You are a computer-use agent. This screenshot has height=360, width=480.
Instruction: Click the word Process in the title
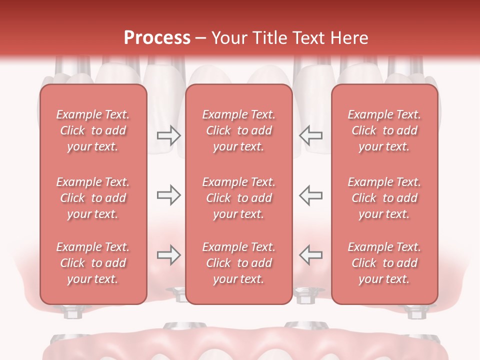click(x=157, y=37)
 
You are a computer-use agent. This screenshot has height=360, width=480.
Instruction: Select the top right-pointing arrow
click(x=168, y=135)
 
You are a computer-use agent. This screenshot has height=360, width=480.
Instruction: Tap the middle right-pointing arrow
click(x=168, y=195)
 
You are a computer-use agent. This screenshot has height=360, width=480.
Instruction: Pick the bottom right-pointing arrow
click(x=168, y=255)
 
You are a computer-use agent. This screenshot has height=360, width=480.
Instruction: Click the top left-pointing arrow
click(x=310, y=135)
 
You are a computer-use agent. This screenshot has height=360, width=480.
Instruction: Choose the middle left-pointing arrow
click(x=310, y=195)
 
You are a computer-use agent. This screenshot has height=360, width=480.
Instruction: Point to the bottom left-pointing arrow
click(x=310, y=255)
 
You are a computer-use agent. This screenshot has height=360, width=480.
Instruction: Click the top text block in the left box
click(x=93, y=130)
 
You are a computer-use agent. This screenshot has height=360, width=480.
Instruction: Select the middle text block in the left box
click(x=93, y=198)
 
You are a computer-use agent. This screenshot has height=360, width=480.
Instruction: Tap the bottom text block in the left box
click(x=93, y=263)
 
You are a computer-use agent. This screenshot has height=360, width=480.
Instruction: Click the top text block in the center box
click(x=238, y=130)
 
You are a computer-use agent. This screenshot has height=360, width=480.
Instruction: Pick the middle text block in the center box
click(x=238, y=198)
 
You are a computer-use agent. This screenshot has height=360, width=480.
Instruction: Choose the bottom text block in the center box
click(x=238, y=263)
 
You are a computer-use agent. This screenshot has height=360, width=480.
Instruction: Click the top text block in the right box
click(x=384, y=130)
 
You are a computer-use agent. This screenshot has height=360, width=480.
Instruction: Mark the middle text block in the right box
click(x=384, y=198)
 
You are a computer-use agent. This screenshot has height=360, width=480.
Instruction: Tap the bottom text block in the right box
click(x=384, y=263)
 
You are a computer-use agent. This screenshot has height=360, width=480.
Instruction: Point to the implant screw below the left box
click(x=72, y=312)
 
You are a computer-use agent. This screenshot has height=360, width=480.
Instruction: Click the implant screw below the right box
click(x=414, y=312)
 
